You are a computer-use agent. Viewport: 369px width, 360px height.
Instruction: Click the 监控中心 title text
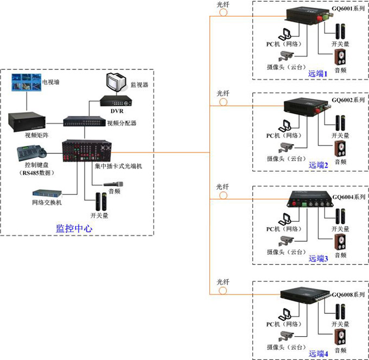[74, 229]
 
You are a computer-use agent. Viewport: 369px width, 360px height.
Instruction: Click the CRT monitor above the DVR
[117, 83]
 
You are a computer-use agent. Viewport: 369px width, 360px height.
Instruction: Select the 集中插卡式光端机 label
[118, 166]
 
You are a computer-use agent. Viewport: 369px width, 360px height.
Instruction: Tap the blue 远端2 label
[319, 165]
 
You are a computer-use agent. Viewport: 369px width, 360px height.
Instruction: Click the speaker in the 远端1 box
[340, 57]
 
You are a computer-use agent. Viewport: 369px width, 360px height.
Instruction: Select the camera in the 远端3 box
[286, 241]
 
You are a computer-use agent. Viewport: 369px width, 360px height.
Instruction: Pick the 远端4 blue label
[319, 353]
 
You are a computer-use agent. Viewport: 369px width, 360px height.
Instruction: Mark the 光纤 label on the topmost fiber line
[223, 4]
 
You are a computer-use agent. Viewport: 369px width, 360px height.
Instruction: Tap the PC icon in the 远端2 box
[285, 125]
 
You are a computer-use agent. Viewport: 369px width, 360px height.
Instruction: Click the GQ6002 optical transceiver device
[303, 105]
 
